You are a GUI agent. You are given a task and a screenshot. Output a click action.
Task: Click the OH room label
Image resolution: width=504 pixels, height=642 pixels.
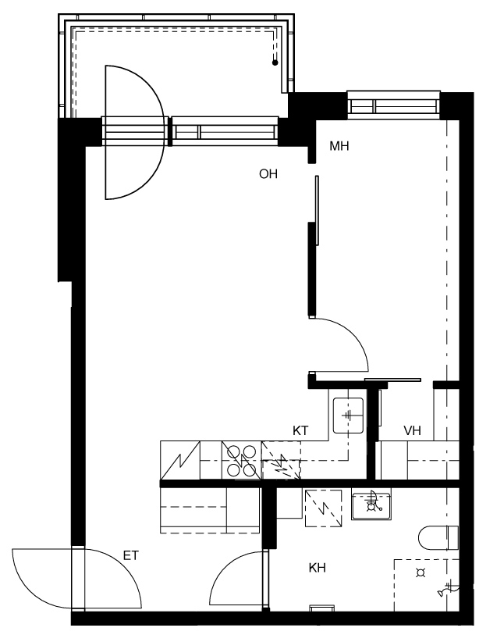[268, 174]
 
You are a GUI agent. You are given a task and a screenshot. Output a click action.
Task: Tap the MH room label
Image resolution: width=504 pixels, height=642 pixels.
[339, 146]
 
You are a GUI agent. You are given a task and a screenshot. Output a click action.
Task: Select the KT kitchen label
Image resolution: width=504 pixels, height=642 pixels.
[300, 430]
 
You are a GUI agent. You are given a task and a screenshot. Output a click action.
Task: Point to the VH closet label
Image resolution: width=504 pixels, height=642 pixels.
[413, 430]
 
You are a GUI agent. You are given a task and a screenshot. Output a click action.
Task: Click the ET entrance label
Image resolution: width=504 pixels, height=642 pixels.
[131, 555]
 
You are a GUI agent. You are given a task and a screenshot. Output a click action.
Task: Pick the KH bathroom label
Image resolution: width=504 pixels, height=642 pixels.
[317, 568]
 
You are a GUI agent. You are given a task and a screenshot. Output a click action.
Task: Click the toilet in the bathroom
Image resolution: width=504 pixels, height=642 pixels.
[438, 537]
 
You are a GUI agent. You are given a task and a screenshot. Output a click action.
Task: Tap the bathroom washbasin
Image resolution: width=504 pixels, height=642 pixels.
[371, 504]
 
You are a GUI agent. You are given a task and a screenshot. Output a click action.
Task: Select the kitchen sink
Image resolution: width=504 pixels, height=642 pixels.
[348, 416]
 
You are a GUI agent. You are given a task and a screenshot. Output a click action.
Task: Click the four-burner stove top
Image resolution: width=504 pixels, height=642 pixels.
[241, 461]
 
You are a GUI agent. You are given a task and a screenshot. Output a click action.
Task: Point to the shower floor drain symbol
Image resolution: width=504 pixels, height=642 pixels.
[421, 572]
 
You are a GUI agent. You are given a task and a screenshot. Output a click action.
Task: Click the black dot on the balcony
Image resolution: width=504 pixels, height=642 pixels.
[275, 62]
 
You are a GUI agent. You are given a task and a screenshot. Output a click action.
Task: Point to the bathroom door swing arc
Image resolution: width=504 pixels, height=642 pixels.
[223, 569]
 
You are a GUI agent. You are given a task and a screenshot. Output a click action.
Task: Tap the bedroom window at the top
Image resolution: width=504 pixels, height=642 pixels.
[393, 105]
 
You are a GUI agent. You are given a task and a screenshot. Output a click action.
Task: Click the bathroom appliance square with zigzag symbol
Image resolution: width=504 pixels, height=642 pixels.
[323, 508]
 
